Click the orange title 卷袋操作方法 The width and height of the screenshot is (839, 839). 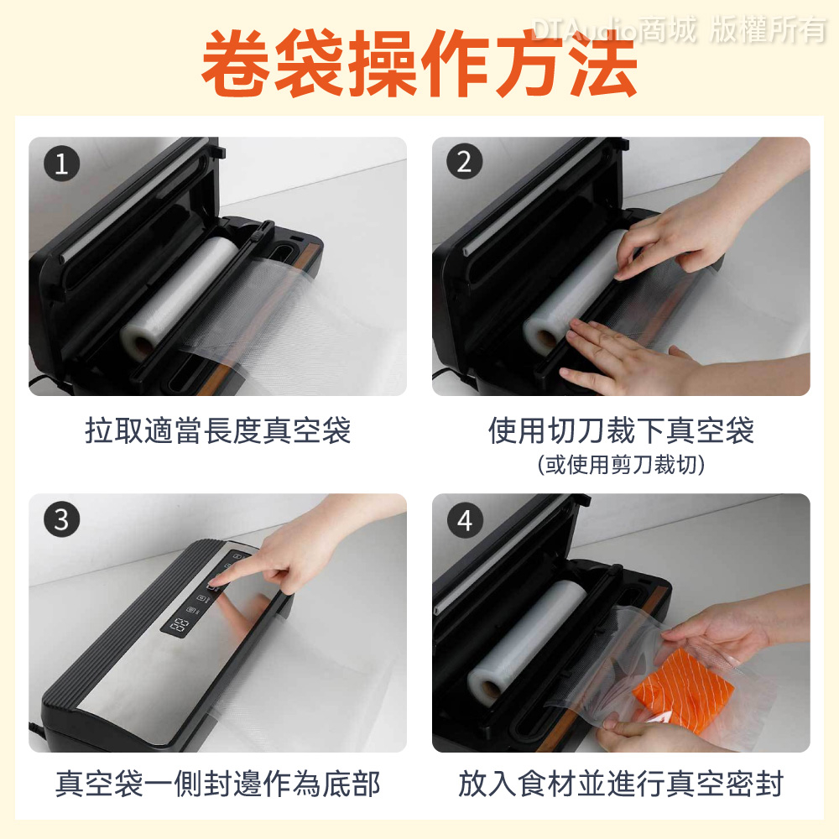pos(419,63)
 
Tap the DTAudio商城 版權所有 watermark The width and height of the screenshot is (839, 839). pos(679,29)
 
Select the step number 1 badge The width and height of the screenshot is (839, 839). pos(61,164)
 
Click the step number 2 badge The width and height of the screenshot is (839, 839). pos(465,162)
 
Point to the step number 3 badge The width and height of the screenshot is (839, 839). pos(61,519)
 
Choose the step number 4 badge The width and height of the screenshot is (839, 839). pos(465,520)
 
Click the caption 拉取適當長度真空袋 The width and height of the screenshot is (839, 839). pos(218,430)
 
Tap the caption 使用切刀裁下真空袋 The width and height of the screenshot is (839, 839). pos(621,430)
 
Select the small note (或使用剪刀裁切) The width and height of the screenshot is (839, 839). pos(621,465)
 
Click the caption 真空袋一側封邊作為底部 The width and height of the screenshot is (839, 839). pos(218,784)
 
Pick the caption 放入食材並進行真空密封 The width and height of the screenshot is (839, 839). pos(621,784)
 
